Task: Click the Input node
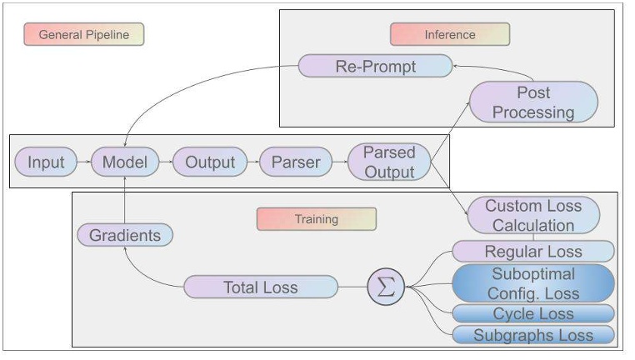point(46,162)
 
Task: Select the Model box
point(124,162)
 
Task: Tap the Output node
point(210,162)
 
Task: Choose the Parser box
point(296,162)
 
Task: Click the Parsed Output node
point(389,162)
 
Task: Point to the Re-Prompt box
point(375,66)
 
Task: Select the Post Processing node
point(533,102)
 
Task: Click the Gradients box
point(125,235)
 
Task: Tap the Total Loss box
point(261,287)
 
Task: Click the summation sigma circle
point(386,287)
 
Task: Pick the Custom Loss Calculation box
point(533,215)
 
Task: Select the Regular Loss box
point(533,251)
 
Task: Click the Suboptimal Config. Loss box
point(533,282)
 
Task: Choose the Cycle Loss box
point(533,314)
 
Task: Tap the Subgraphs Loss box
point(533,336)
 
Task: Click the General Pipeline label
point(83,34)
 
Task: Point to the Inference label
point(450,34)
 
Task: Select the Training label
point(317,219)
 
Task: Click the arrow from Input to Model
point(83,162)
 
